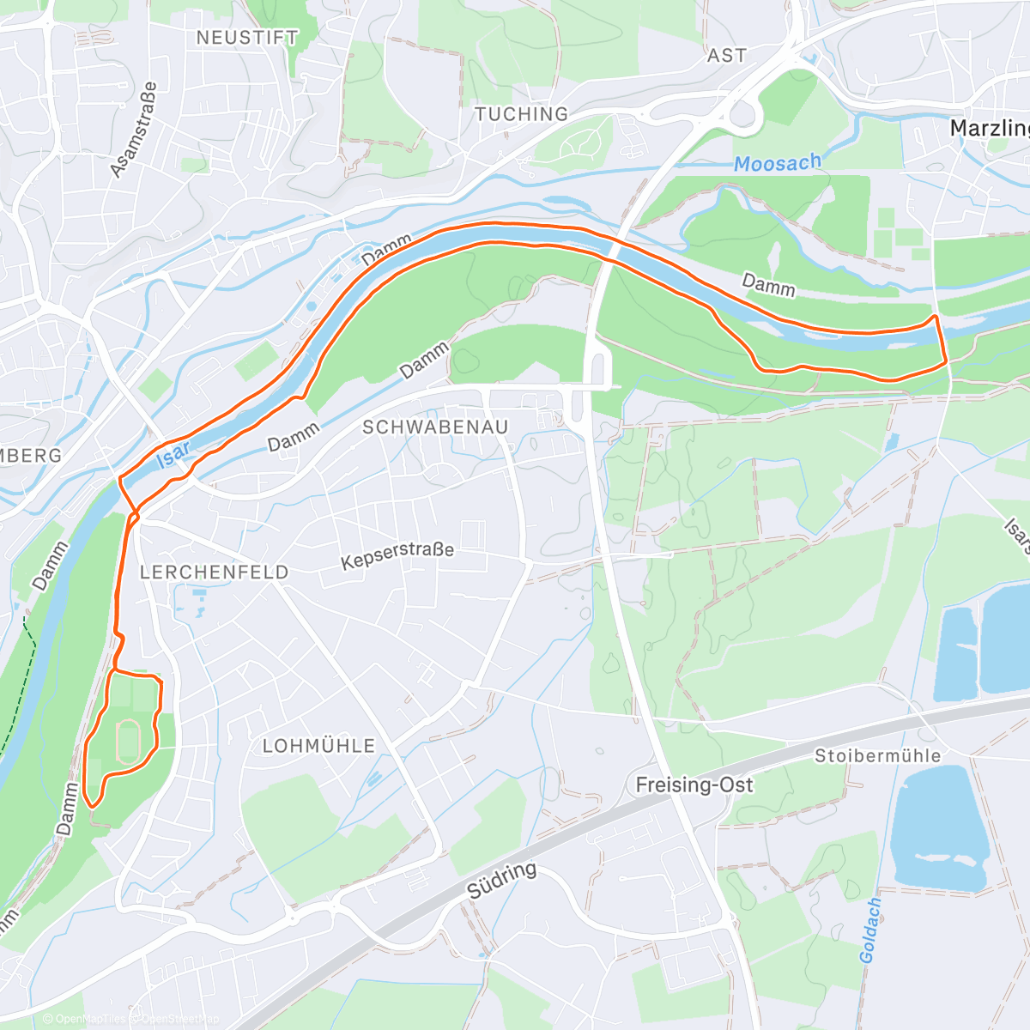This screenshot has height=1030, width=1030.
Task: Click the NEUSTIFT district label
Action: [247, 38]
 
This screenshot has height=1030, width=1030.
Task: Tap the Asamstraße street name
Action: [134, 130]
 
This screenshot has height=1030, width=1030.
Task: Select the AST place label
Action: [726, 56]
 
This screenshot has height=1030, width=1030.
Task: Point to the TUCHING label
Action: [522, 114]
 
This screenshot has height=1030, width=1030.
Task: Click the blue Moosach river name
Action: [778, 162]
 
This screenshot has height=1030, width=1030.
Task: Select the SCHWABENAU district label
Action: [435, 427]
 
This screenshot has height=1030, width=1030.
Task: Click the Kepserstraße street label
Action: [397, 554]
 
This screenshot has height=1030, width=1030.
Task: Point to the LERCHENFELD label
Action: [215, 572]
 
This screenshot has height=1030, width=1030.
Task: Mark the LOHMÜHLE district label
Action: [319, 746]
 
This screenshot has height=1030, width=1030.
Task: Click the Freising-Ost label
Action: [694, 785]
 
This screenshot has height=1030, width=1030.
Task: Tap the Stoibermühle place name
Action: [877, 756]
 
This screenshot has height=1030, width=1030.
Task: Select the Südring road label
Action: [503, 881]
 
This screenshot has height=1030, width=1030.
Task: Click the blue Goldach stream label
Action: [870, 930]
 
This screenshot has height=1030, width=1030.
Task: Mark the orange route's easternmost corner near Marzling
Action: [945, 361]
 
